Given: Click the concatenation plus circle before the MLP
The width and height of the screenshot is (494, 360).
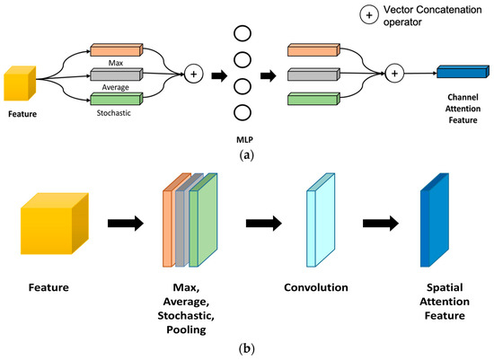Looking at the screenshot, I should click(x=191, y=75).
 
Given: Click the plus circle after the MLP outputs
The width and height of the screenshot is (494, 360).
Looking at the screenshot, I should click(x=393, y=75).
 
